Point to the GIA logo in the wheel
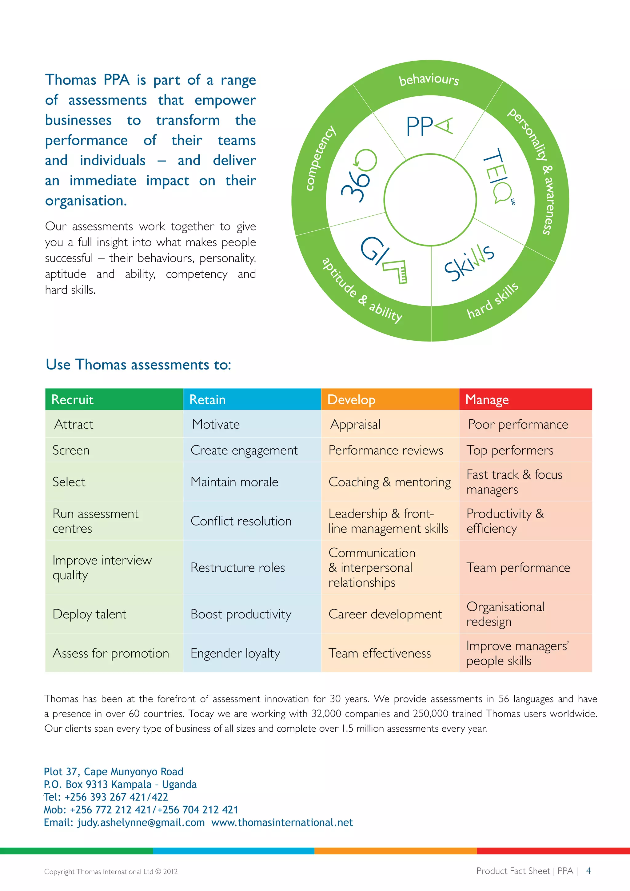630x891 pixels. tap(384, 260)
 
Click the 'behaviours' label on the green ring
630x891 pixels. tap(429, 80)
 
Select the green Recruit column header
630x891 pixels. tap(114, 399)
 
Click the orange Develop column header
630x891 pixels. tap(389, 399)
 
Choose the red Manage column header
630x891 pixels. tap(525, 399)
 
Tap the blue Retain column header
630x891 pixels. tap(252, 399)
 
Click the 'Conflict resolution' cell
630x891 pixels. tap(241, 521)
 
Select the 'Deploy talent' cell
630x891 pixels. tap(90, 614)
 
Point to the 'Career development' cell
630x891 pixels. tap(385, 614)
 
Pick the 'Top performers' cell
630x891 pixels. tap(510, 450)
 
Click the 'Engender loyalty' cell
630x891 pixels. tap(235, 653)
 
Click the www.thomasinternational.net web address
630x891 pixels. tap(282, 822)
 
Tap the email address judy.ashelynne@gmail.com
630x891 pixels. tap(141, 822)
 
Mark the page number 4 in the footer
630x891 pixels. tap(588, 871)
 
